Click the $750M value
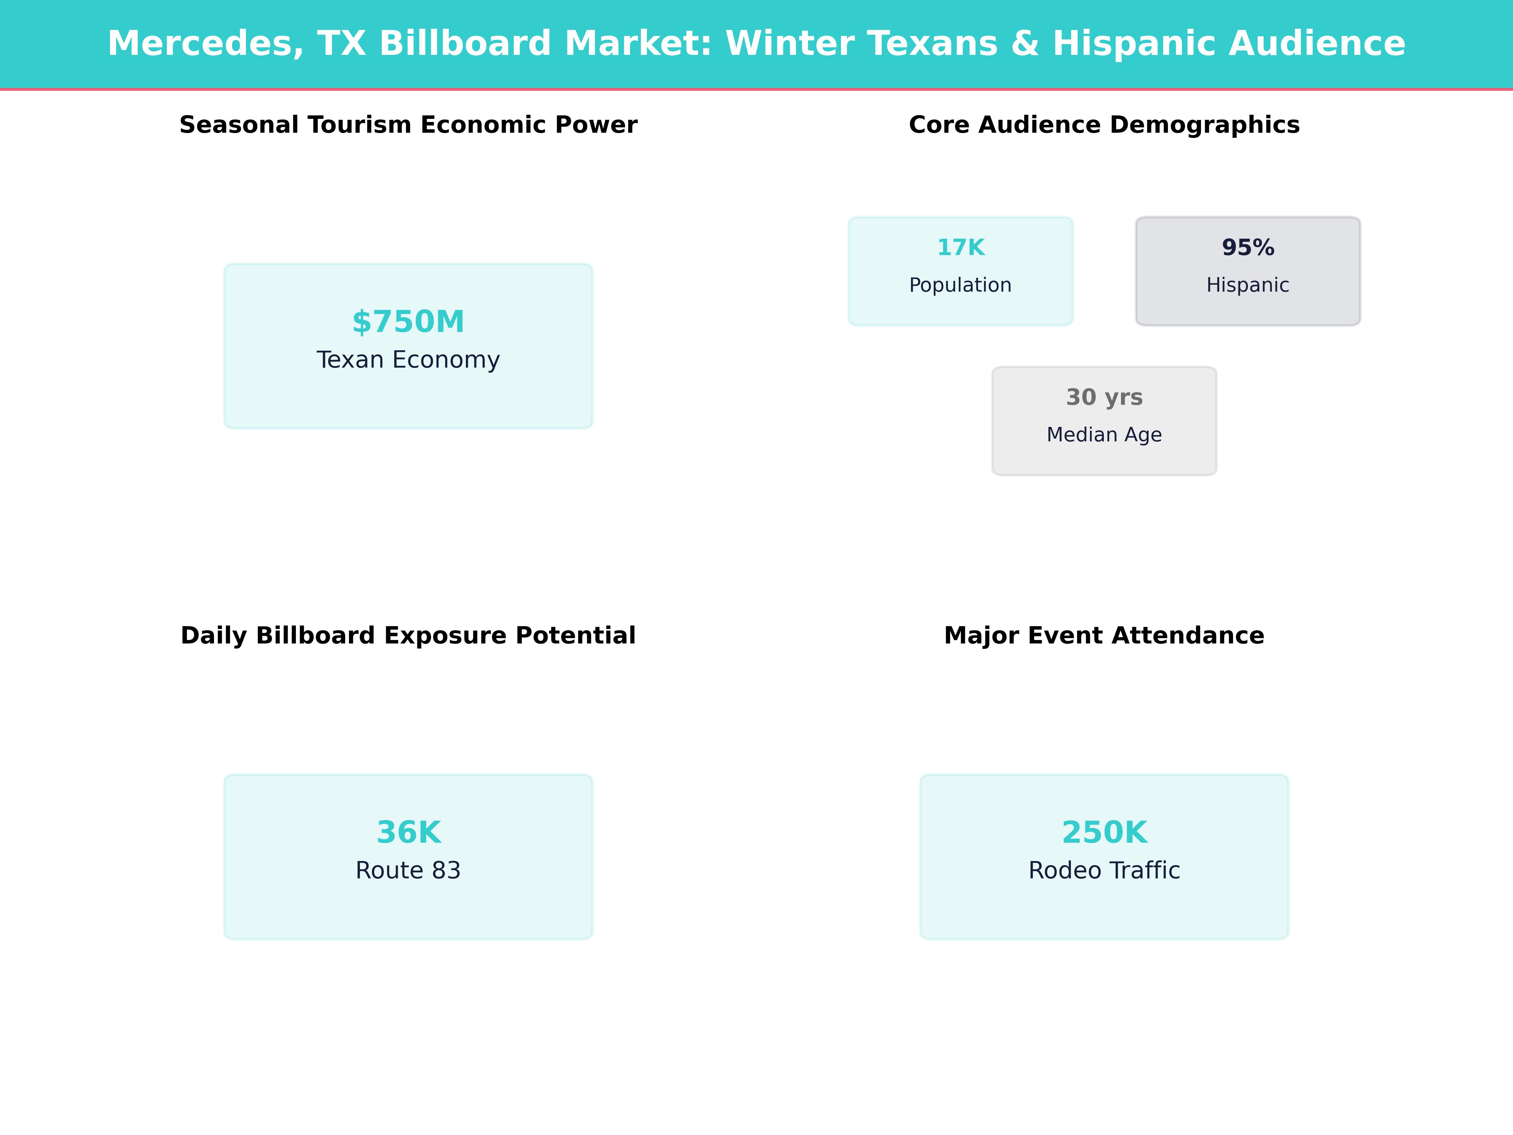[x=408, y=322]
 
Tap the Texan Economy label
[x=408, y=360]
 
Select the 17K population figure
[x=960, y=248]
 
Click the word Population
[x=960, y=285]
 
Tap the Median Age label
[x=1104, y=434]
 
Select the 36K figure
[x=408, y=833]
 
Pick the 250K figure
[x=1104, y=833]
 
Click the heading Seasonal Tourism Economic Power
[x=408, y=125]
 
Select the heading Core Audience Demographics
[x=1104, y=125]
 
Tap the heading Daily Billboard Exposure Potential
[x=408, y=636]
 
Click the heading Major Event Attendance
[x=1104, y=636]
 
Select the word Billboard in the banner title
[x=465, y=44]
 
